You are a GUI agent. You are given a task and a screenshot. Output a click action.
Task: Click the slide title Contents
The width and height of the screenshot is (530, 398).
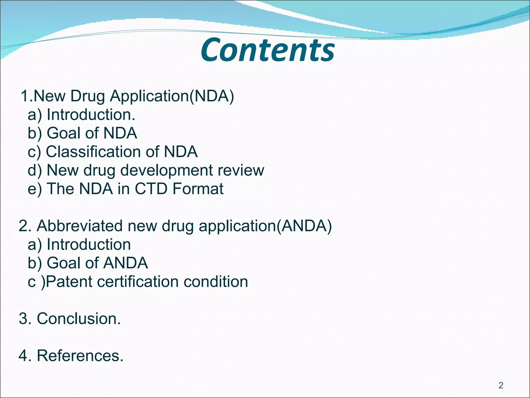268,50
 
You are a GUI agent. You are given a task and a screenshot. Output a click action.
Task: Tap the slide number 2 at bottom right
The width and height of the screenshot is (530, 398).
501,386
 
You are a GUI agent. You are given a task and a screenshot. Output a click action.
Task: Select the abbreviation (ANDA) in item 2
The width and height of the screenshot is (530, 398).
304,226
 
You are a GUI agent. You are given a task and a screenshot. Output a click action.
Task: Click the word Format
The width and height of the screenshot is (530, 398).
198,189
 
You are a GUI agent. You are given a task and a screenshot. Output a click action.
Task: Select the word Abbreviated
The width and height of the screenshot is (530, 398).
80,226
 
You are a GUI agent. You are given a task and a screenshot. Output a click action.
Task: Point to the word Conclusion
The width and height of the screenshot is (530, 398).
79,319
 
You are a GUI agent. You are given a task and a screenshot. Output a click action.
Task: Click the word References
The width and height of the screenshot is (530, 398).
80,356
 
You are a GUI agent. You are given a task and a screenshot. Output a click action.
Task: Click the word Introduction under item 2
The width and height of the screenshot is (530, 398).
89,245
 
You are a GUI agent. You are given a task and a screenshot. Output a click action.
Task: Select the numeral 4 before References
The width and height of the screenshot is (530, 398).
23,356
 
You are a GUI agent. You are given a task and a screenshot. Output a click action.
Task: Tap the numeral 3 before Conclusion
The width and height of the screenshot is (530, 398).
23,319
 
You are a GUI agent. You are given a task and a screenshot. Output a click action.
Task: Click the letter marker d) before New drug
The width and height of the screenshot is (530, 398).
34,170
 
